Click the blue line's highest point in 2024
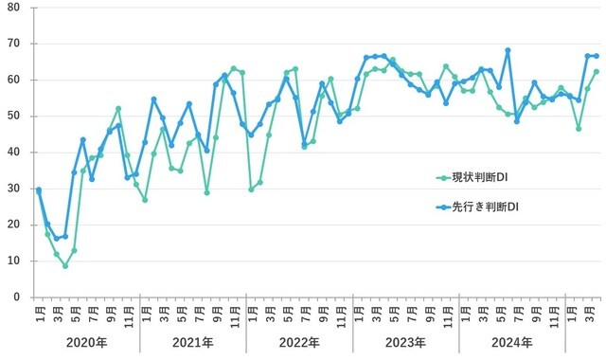pos(508,50)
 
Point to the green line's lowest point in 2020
pos(65,266)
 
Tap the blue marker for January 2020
pos(39,189)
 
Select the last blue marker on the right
pos(596,56)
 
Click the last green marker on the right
pos(596,71)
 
